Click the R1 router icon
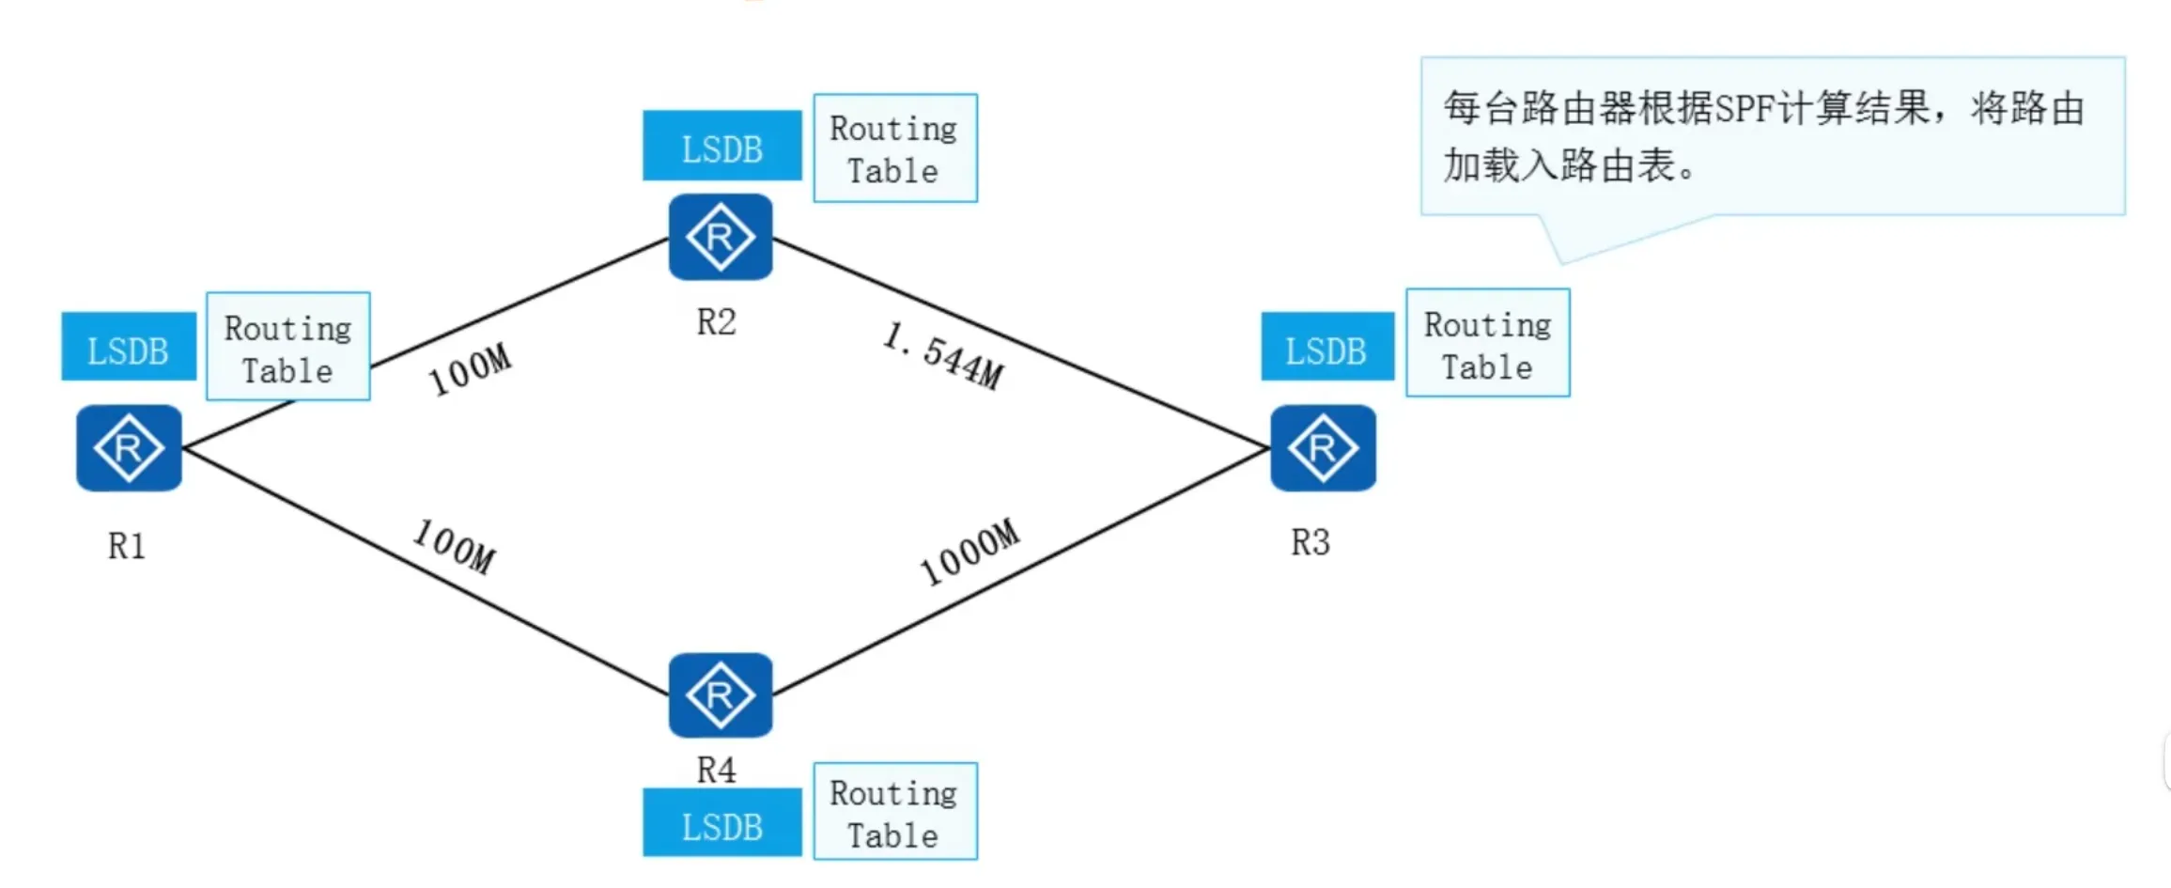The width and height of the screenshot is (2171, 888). (x=129, y=448)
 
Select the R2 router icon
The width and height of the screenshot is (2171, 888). (x=721, y=237)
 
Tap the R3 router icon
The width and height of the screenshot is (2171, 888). (x=1323, y=448)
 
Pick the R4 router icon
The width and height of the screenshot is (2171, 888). (x=721, y=695)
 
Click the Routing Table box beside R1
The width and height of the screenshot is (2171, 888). (x=288, y=347)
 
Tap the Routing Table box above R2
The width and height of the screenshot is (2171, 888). (x=894, y=148)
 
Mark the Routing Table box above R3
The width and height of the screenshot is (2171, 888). (x=1487, y=343)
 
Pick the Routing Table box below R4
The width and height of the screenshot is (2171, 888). (x=894, y=812)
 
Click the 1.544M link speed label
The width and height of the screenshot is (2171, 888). (x=943, y=355)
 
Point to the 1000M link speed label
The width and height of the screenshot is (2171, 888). (x=969, y=552)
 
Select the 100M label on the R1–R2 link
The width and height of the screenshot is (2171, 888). (x=470, y=369)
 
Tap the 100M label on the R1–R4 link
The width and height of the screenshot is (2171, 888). (x=455, y=546)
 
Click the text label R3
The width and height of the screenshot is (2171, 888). (x=1310, y=542)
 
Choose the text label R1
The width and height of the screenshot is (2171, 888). (x=127, y=546)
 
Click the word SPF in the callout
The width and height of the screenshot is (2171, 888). (x=1745, y=109)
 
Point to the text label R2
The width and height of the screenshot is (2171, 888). (x=716, y=322)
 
